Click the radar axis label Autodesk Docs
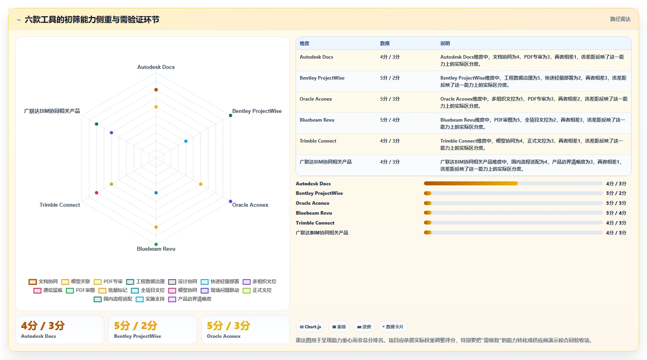[156, 67]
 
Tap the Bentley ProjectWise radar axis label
[257, 111]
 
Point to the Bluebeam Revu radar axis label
[156, 249]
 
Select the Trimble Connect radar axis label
[60, 205]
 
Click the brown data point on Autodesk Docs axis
[156, 90]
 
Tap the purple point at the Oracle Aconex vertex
[231, 201]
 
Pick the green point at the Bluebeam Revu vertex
[156, 244]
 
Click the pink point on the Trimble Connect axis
[96, 192]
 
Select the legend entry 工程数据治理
[145, 282]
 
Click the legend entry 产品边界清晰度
[190, 299]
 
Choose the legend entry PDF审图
[80, 290]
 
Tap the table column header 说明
[445, 43]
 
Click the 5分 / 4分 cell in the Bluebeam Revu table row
[389, 120]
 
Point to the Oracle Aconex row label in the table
[316, 99]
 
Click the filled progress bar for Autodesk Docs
[471, 184]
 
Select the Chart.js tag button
[310, 327]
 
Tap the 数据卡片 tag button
[393, 327]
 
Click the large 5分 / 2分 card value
[136, 326]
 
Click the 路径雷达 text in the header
[620, 19]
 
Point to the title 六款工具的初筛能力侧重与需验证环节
[92, 20]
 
